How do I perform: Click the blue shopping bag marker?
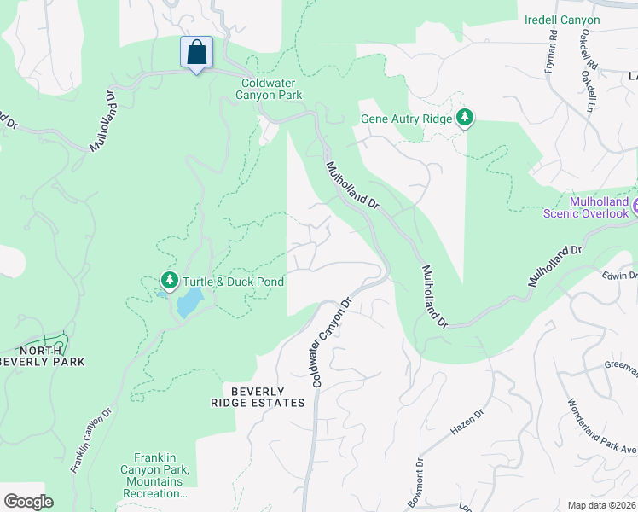coord(196,53)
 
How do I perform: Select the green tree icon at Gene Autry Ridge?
coord(465,118)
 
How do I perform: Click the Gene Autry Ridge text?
coord(406,119)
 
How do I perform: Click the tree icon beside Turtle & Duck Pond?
coord(170,280)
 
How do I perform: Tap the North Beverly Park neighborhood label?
coord(42,355)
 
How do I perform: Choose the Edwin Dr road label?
coord(619,274)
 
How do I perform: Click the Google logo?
coord(28,502)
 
